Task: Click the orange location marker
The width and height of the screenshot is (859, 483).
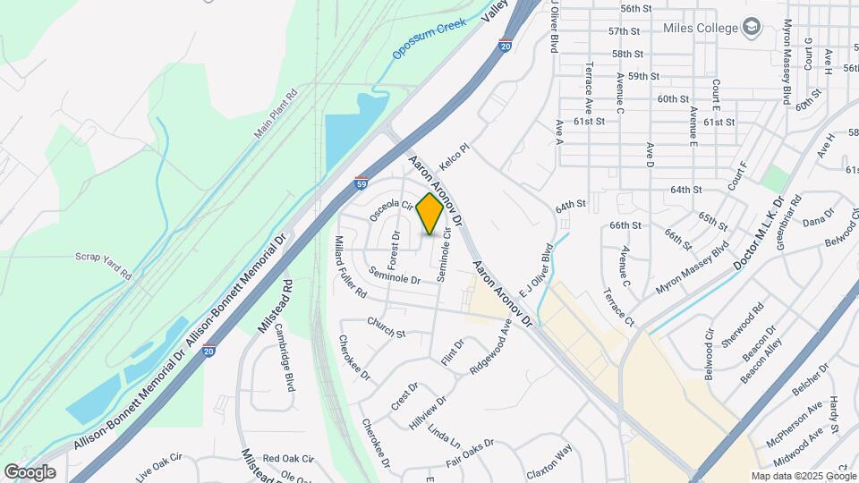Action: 430,214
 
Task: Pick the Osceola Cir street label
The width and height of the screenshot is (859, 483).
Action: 390,210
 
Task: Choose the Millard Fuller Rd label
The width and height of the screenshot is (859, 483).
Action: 350,267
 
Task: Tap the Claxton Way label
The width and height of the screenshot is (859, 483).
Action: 549,462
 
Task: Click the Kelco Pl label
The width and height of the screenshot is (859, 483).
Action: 455,154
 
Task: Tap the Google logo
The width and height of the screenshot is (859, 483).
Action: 30,471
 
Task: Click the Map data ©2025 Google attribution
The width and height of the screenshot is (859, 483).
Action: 802,476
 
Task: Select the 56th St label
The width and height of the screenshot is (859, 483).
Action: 635,8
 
